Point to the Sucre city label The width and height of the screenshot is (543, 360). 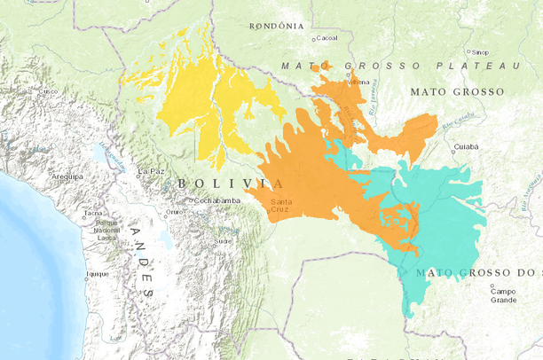point(224,240)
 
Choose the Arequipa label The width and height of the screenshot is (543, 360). point(66,176)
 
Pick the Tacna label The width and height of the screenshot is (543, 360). point(92,213)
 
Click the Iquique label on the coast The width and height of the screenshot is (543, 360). point(97,274)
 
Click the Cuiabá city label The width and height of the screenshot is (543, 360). point(466,145)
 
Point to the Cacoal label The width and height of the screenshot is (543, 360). point(327,38)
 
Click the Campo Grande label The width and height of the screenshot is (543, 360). point(504,295)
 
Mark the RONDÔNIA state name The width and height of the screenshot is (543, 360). point(278,27)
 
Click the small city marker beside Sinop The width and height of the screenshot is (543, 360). point(468,51)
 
